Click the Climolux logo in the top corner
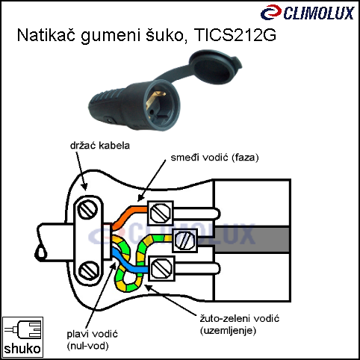(x=308, y=13)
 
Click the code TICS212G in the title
(x=235, y=35)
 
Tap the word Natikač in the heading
(x=46, y=35)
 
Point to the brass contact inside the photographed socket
(x=155, y=99)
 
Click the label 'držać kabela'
(x=100, y=146)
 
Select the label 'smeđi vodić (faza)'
(x=214, y=158)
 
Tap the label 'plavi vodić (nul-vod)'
(x=92, y=340)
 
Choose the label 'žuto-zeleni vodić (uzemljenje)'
(x=240, y=324)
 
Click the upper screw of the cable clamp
(x=87, y=210)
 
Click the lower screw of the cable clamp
(x=89, y=270)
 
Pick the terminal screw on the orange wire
(x=161, y=213)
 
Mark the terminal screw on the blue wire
(x=162, y=268)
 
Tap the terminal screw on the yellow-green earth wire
(x=184, y=240)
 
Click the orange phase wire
(x=128, y=214)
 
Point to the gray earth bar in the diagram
(x=252, y=240)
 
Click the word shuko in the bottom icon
(x=22, y=349)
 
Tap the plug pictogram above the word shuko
(x=22, y=329)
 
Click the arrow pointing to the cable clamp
(x=81, y=171)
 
